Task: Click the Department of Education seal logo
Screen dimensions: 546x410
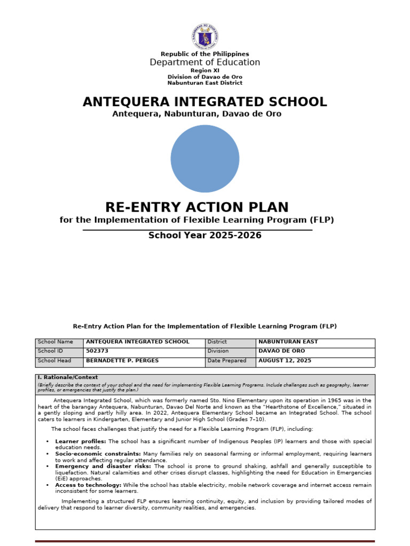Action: [x=205, y=36]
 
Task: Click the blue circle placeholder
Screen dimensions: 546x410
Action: [x=205, y=159]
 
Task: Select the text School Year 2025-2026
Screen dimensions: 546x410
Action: [x=205, y=236]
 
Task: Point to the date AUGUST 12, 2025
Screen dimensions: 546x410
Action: [x=285, y=361]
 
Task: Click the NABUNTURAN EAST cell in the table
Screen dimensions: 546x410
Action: [x=288, y=342]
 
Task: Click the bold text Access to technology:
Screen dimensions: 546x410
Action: [x=88, y=485]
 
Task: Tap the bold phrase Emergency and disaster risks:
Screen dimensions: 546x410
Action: [x=103, y=466]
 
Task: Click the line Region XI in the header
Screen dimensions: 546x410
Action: [x=205, y=70]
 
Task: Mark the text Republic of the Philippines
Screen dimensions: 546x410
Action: [x=205, y=54]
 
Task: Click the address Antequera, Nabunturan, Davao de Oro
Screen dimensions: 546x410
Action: [x=196, y=114]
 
